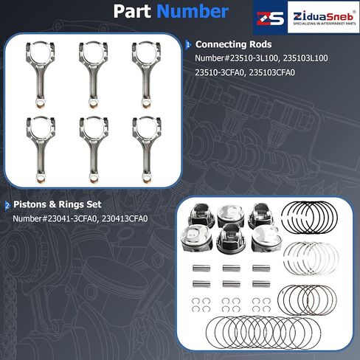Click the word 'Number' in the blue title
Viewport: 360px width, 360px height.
click(193, 11)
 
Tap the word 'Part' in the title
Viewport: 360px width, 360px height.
click(132, 11)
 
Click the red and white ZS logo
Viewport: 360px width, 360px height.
click(270, 18)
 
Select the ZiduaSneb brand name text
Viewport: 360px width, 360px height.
click(323, 17)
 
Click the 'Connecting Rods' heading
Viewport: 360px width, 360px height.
click(233, 44)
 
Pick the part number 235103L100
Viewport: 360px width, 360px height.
click(305, 58)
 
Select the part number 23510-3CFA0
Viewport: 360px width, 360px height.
click(220, 72)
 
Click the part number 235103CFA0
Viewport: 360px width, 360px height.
click(271, 72)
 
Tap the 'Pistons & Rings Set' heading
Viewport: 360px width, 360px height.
click(58, 204)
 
